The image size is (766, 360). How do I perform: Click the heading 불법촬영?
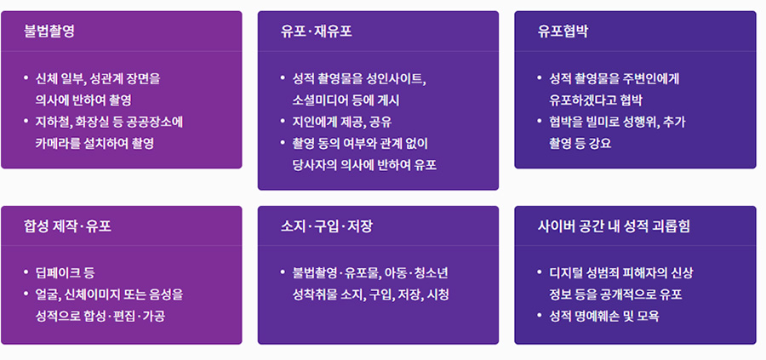pos(49,31)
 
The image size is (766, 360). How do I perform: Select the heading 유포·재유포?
pos(316,31)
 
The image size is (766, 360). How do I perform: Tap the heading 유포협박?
pos(563,31)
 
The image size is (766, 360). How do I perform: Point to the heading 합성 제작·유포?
pos(67,226)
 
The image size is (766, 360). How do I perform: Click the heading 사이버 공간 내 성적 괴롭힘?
pos(614,226)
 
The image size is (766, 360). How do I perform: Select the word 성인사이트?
pos(396,79)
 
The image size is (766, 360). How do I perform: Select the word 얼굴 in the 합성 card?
pos(47,295)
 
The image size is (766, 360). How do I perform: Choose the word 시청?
pos(438,295)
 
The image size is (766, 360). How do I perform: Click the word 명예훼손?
pos(598,316)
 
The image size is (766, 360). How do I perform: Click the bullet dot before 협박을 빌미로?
pos(540,121)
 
